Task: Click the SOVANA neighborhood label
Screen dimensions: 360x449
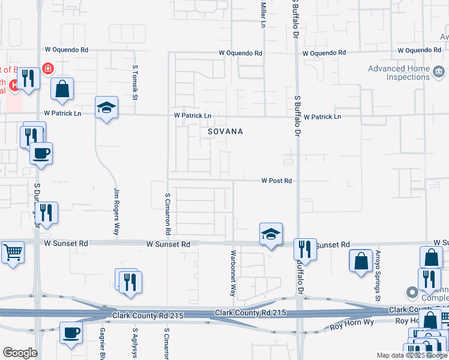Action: coord(225,131)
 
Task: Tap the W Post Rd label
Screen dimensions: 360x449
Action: coord(276,181)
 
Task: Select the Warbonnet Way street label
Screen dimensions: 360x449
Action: coord(232,274)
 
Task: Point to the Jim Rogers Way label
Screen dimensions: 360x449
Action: coord(118,212)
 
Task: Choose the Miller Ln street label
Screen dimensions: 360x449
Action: coord(263,14)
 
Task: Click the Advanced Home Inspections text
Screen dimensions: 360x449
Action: coord(399,73)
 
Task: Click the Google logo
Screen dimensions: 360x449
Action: coord(20,353)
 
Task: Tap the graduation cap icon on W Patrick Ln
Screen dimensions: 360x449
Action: coord(107,108)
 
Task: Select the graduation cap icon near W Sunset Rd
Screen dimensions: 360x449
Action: coord(271,234)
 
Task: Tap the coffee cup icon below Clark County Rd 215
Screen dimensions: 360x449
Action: coord(71,333)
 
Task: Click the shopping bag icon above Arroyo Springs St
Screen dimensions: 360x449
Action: coord(360,261)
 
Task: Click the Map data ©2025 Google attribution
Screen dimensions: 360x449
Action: coord(411,355)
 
